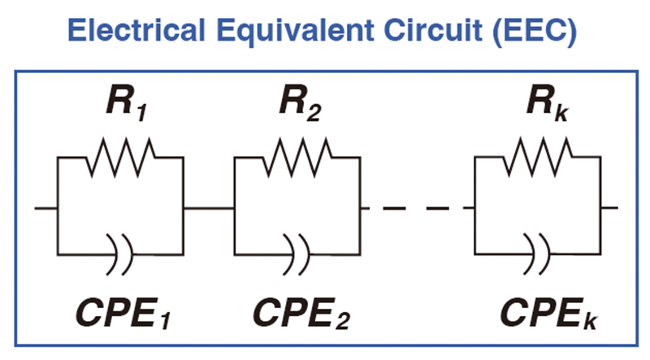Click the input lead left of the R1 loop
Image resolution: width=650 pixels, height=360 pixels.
click(x=45, y=208)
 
